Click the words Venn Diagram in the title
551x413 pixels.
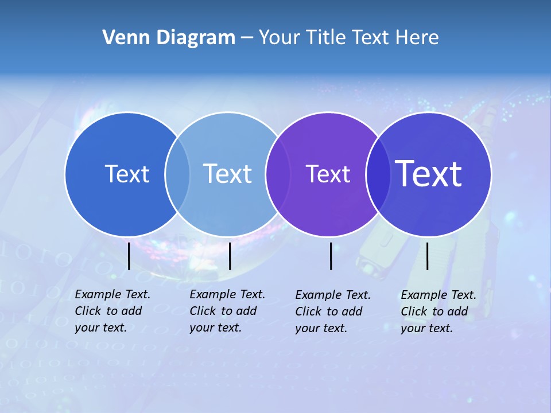coord(169,38)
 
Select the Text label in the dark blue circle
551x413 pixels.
coord(127,174)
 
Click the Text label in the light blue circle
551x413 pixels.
coord(227,174)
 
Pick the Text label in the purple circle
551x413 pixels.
coord(328,174)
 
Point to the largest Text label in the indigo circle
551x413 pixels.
coord(428,173)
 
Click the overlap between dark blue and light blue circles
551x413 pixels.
coord(177,174)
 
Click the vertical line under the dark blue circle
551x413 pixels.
coord(129,256)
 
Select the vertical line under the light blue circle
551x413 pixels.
coord(230,256)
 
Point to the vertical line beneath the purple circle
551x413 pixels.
coord(331,256)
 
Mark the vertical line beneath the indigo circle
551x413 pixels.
coord(427,256)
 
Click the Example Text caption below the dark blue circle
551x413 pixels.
coord(112,311)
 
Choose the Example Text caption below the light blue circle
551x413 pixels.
coord(227,311)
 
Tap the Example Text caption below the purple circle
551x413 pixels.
coord(333,311)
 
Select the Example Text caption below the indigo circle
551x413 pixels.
coord(439,311)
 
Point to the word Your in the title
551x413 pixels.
coord(279,38)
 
